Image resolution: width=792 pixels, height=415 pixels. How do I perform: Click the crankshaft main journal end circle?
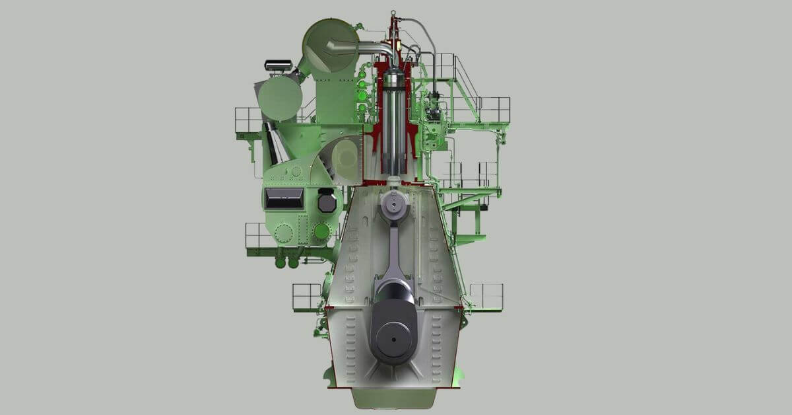pos(394,340)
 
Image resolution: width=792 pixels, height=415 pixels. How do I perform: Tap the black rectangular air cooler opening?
pos(284,197)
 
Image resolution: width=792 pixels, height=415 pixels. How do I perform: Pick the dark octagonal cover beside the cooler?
pos(326,200)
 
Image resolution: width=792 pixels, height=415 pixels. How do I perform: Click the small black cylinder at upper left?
pos(278,65)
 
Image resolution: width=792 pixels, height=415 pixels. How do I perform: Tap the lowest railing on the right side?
pos(486,296)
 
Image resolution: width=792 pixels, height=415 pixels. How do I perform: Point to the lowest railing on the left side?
pos(307,297)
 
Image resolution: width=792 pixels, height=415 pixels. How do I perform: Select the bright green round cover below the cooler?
pos(321,231)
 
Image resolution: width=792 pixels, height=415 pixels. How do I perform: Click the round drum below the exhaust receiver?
pos(280,98)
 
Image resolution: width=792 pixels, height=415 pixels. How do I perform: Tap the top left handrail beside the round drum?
pos(248,119)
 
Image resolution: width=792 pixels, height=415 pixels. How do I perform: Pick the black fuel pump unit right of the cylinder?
pos(434,106)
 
